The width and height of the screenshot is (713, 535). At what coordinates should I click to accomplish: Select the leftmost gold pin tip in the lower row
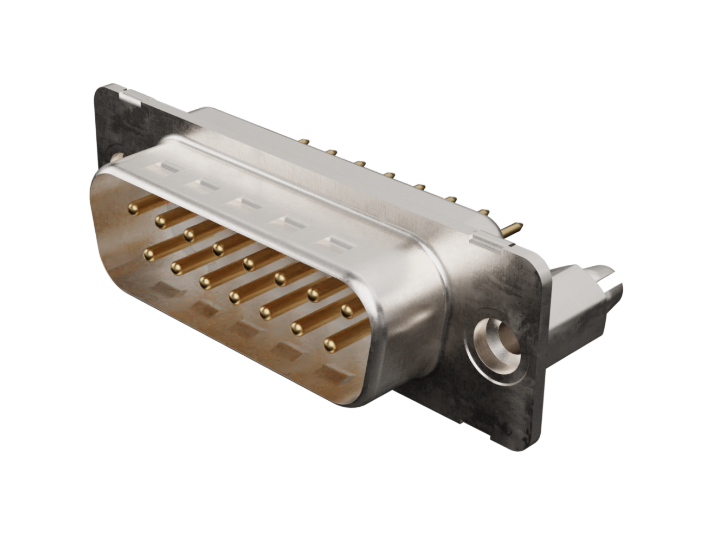[x=150, y=256]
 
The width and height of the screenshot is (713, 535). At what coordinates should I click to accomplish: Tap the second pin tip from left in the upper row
[x=161, y=221]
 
